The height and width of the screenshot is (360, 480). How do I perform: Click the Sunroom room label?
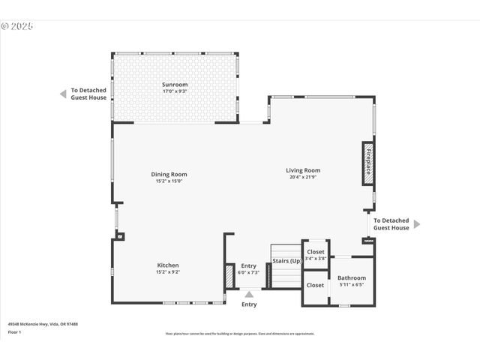175,85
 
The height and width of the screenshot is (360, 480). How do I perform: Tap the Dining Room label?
169,174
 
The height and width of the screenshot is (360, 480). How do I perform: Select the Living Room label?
303,170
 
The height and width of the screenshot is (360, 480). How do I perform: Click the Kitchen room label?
168,265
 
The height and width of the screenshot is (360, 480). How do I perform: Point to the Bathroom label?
352,278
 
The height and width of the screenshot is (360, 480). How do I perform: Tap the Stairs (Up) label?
286,261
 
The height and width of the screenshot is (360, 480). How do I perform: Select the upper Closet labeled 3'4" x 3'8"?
316,252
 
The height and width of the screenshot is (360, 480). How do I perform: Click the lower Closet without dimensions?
315,285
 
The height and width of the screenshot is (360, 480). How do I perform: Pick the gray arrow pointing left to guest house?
64,94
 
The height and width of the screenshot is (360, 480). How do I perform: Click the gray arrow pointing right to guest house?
417,223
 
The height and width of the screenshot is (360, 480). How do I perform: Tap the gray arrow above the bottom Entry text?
249,294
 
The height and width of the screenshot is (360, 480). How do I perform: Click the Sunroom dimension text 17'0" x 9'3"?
175,91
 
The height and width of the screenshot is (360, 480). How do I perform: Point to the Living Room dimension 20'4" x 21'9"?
303,177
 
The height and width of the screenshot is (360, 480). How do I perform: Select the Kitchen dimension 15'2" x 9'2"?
168,271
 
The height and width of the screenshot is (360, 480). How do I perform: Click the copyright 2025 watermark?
17,25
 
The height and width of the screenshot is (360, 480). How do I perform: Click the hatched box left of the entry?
229,275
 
